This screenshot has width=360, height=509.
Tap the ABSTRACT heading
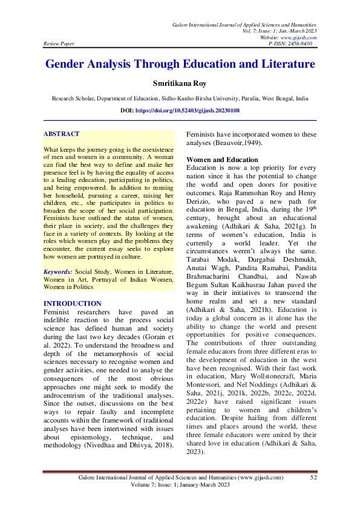[62, 134]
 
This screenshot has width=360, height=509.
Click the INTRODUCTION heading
[73, 303]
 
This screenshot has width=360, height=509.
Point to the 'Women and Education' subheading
[214, 160]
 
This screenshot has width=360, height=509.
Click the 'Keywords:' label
[58, 273]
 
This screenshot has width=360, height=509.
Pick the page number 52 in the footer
[313, 478]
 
